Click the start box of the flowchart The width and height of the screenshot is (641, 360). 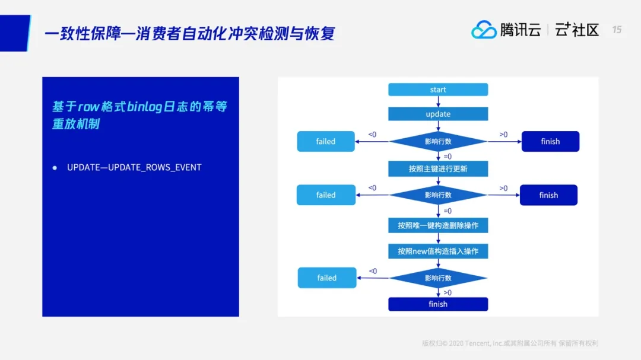[x=438, y=90]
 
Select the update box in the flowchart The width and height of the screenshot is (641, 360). [x=438, y=114]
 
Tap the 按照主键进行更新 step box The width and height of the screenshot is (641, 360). [x=438, y=169]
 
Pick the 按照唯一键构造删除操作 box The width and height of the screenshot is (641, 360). [x=438, y=225]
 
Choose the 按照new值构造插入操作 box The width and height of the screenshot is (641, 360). [x=438, y=251]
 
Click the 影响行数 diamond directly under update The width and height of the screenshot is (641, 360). [x=438, y=142]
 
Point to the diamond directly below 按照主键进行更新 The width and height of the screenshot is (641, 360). [x=438, y=195]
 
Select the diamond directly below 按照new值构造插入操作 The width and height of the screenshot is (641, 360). [x=438, y=278]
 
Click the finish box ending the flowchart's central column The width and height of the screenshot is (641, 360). [x=438, y=304]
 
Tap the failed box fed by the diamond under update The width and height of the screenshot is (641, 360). [x=326, y=142]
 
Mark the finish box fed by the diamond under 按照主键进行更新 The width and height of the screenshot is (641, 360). [x=548, y=195]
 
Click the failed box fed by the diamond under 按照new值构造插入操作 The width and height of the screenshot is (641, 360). [x=327, y=278]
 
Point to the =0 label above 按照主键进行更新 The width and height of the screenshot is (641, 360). [x=448, y=157]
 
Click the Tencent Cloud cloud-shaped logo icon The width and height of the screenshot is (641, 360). [x=484, y=30]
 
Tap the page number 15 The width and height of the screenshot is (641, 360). [x=617, y=30]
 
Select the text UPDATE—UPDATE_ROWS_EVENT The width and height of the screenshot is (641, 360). [x=134, y=167]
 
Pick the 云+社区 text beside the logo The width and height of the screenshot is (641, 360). [x=577, y=30]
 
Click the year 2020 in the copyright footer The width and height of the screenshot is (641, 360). [x=456, y=343]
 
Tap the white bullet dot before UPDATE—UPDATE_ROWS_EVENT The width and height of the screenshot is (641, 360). [x=55, y=168]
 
